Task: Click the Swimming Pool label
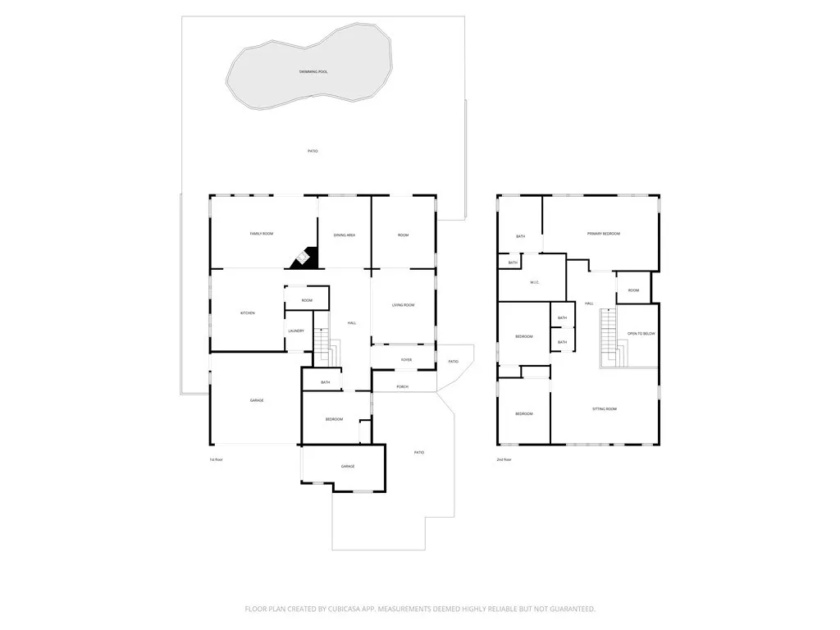pyautogui.click(x=313, y=72)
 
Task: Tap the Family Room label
pyautogui.click(x=262, y=235)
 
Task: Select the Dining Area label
pyautogui.click(x=345, y=235)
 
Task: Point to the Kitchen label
pyautogui.click(x=247, y=313)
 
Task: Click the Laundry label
pyautogui.click(x=296, y=331)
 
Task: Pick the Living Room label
pyautogui.click(x=403, y=305)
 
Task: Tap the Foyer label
pyautogui.click(x=406, y=360)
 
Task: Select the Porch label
pyautogui.click(x=403, y=386)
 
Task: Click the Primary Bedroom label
pyautogui.click(x=604, y=234)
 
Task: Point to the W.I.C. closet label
pyautogui.click(x=534, y=283)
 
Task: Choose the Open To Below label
pyautogui.click(x=641, y=334)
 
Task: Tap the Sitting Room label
pyautogui.click(x=605, y=409)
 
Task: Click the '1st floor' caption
pyautogui.click(x=216, y=459)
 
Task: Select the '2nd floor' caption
pyautogui.click(x=504, y=459)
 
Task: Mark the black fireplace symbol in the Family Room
pyautogui.click(x=303, y=259)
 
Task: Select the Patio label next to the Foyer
pyautogui.click(x=453, y=362)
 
